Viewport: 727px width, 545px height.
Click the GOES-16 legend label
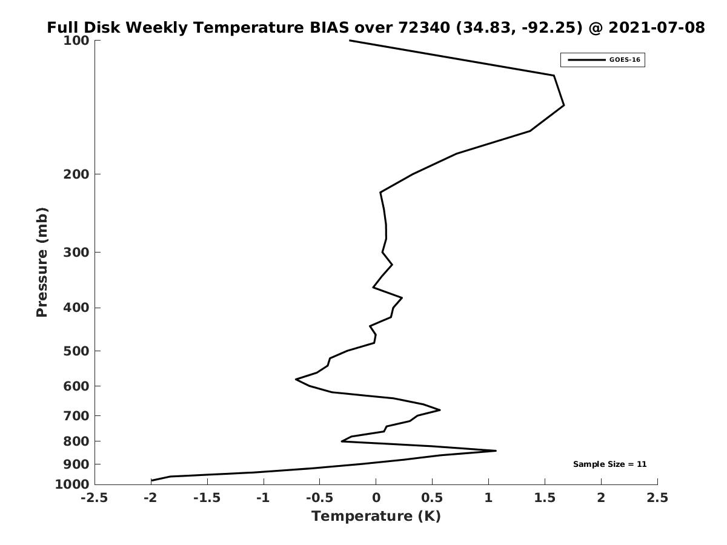point(625,60)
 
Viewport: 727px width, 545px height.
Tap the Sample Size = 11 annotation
point(609,464)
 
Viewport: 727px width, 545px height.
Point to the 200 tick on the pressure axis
point(76,174)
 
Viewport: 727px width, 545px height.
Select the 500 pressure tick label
point(76,351)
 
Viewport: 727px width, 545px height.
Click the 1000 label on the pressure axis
point(72,484)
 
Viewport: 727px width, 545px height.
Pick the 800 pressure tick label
point(76,441)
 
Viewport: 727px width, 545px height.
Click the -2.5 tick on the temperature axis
point(95,498)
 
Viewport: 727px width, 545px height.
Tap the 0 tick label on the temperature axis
point(376,498)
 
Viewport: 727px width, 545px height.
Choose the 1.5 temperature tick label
point(545,498)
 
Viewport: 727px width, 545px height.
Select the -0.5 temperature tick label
point(320,498)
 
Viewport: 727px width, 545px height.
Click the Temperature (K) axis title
point(376,516)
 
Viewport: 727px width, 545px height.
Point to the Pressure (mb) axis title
point(42,262)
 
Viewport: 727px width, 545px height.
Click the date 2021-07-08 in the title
point(657,27)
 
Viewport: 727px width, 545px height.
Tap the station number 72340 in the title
point(424,27)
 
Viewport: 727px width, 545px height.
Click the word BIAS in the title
point(329,27)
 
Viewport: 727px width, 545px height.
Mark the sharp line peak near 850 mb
point(496,451)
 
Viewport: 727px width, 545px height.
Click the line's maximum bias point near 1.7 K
point(563,105)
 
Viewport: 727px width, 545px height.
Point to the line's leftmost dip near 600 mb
point(296,379)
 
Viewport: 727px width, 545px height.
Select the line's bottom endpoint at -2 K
point(151,480)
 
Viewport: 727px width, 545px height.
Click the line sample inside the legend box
point(586,60)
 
